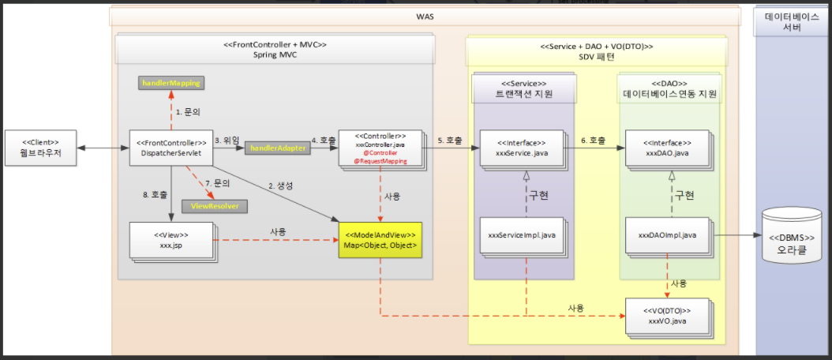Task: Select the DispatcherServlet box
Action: [x=171, y=148]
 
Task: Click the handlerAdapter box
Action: [x=278, y=148]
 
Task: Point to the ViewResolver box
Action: [x=214, y=206]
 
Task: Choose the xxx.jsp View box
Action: [x=170, y=239]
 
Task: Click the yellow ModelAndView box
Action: [x=380, y=241]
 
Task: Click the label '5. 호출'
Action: [x=451, y=140]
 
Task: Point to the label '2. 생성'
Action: [x=281, y=186]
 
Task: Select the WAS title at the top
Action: [x=425, y=17]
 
